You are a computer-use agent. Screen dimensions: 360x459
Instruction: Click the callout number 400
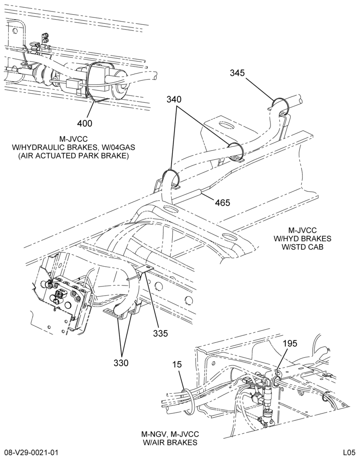point(84,123)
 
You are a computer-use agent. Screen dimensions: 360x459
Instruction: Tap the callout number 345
point(237,73)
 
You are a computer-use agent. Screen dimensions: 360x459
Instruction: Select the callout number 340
point(174,100)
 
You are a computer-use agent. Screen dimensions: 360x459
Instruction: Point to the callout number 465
point(223,202)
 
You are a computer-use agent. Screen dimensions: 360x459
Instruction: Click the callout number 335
point(160,333)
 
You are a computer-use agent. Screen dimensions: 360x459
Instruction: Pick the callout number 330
point(121,363)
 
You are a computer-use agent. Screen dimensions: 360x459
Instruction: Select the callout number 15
point(177,364)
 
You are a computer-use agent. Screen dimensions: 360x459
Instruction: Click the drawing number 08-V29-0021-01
point(31,453)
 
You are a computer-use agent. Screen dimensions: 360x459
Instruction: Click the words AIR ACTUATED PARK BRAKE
point(73,156)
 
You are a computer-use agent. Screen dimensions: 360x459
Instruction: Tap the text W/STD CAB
point(302,247)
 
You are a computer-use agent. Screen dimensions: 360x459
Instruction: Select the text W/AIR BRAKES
point(170,442)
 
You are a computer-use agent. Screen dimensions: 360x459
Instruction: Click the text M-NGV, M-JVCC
point(170,434)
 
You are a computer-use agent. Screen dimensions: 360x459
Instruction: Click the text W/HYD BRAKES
point(302,239)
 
